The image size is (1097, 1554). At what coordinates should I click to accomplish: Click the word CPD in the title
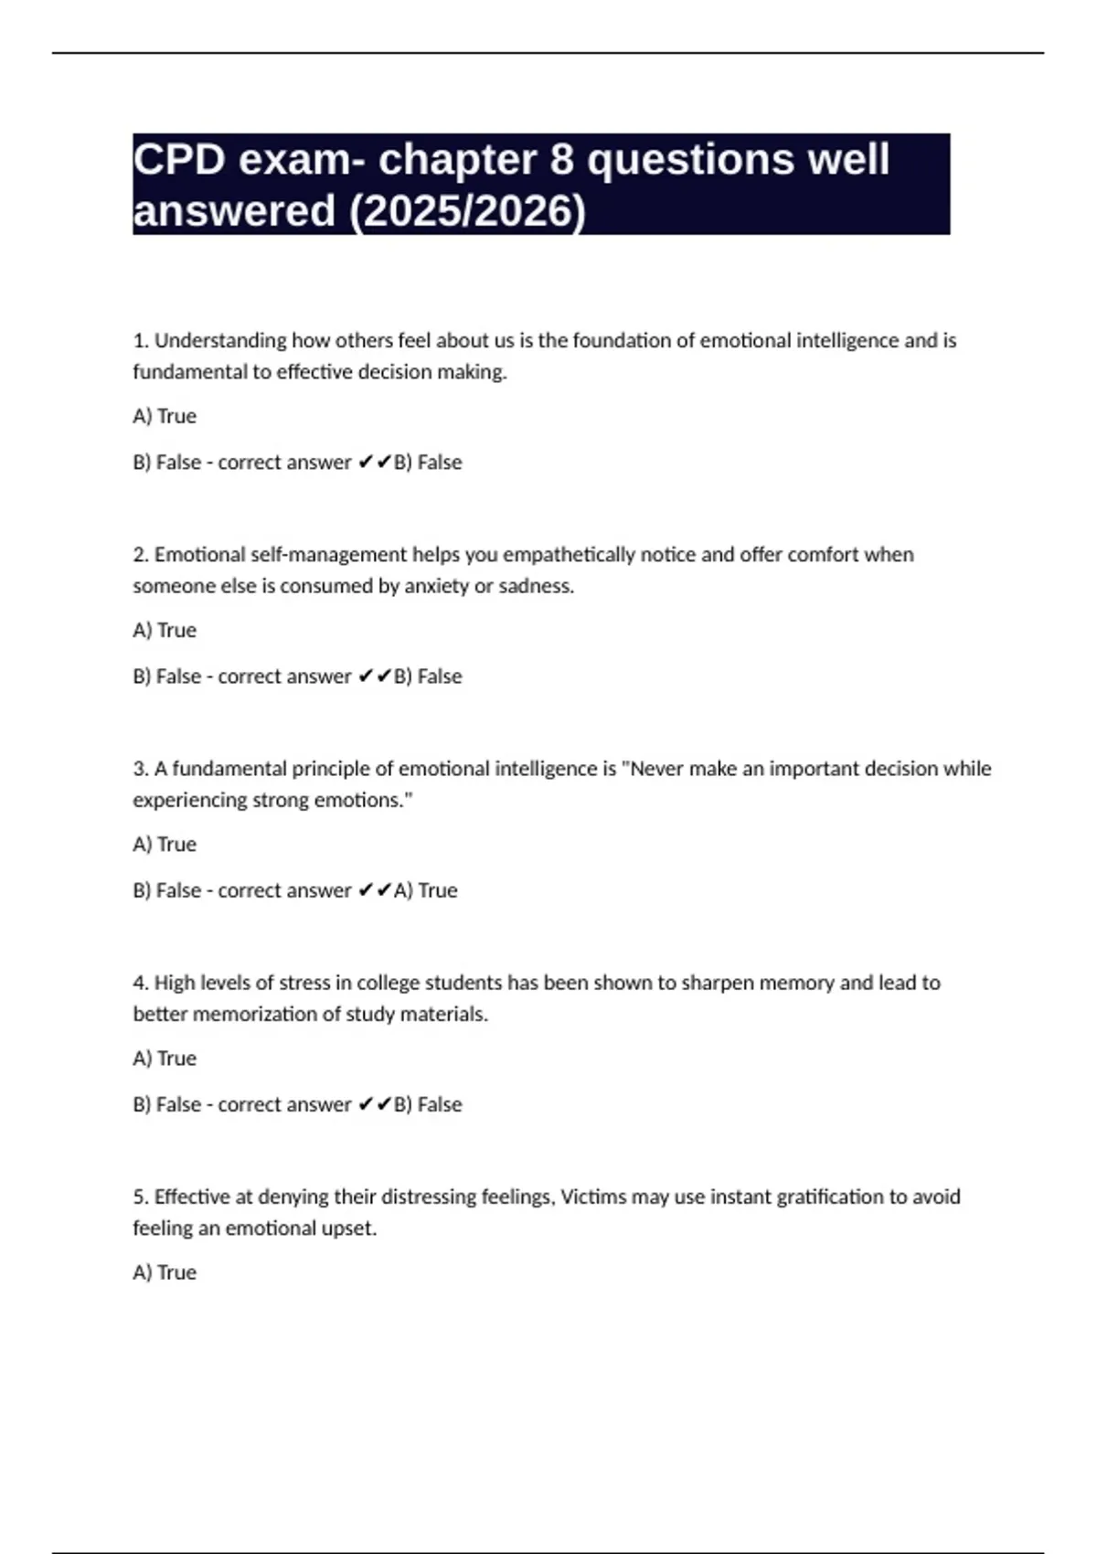click(x=179, y=160)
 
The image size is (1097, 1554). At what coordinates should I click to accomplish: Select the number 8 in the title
click(x=561, y=160)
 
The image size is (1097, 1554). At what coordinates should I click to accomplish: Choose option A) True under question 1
click(x=165, y=416)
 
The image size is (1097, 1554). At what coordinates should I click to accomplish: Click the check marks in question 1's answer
click(x=375, y=463)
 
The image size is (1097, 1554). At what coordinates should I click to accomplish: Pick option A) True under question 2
click(x=165, y=630)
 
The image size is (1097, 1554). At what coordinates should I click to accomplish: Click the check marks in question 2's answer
click(x=375, y=676)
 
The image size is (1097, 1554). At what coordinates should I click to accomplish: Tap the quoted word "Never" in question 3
click(x=653, y=769)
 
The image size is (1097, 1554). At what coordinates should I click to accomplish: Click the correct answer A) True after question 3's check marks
click(x=426, y=890)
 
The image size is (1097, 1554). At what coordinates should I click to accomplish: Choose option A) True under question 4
click(x=165, y=1058)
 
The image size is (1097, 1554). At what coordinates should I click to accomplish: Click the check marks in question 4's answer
click(x=375, y=1104)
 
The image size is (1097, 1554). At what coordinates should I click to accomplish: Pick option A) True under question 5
click(x=165, y=1272)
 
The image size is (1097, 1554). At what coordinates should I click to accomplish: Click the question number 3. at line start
click(x=141, y=769)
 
